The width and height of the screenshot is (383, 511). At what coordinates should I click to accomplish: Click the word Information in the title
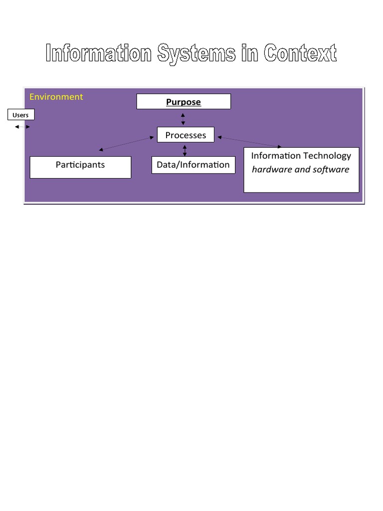99,53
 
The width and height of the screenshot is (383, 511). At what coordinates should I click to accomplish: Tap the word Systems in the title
196,53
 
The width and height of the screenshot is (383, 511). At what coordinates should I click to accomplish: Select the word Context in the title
300,53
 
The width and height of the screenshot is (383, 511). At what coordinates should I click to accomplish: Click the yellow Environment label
56,97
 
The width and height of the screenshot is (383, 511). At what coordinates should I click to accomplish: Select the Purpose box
184,102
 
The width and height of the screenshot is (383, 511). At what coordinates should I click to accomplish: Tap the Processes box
186,135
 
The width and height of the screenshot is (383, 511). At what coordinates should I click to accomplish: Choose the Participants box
80,167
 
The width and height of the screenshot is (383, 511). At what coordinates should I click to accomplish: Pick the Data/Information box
193,165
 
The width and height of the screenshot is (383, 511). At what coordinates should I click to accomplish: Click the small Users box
21,115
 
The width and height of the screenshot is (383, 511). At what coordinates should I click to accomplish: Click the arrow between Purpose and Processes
183,119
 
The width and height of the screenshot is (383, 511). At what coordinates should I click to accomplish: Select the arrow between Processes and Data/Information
185,150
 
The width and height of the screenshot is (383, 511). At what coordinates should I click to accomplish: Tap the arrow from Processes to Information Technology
249,142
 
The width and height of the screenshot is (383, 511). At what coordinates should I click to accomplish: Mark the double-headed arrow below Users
22,127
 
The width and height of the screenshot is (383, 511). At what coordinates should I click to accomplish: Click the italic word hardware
272,170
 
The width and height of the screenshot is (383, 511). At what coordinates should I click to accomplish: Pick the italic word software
331,170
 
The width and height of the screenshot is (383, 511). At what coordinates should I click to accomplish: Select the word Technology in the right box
327,156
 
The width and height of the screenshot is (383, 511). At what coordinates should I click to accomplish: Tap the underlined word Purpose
184,102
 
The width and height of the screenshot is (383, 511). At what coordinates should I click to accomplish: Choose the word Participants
80,165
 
